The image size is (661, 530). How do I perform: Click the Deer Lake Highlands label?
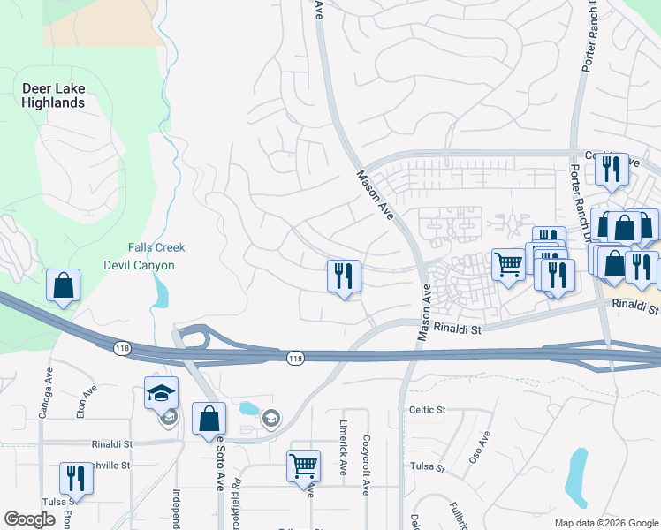click(x=54, y=95)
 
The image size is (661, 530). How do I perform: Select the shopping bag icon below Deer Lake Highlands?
click(x=63, y=285)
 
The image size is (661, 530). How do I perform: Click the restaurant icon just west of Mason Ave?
click(x=344, y=276)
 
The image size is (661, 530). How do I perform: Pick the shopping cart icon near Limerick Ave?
click(x=303, y=465)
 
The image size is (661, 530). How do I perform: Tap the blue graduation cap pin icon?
click(x=162, y=393)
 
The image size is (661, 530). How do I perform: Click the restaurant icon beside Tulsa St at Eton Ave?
click(x=76, y=478)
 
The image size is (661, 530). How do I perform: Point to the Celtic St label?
click(x=428, y=410)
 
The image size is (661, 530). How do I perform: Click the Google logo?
click(x=29, y=519)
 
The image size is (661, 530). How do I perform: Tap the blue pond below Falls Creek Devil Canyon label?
click(x=159, y=291)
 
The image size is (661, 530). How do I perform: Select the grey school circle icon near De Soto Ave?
click(x=270, y=419)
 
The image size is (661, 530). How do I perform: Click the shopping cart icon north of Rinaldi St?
click(x=508, y=265)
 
